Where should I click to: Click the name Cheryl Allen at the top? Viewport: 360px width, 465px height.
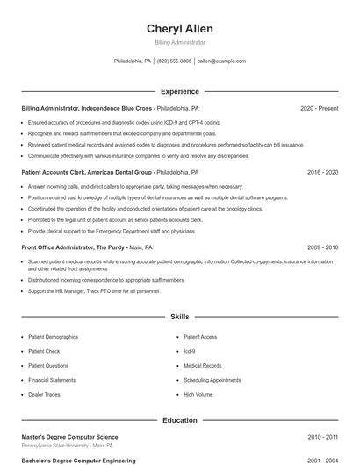(x=180, y=29)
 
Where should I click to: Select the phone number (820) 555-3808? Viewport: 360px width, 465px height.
(x=174, y=61)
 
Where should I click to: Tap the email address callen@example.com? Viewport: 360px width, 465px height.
(x=221, y=61)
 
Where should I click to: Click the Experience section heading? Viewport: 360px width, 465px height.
(x=180, y=91)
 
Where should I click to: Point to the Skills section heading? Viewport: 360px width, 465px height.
(x=180, y=316)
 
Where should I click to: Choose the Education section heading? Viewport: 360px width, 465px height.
(x=180, y=420)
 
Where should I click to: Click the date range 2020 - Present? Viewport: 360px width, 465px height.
(x=319, y=109)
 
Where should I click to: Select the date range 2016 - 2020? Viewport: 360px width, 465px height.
(x=322, y=173)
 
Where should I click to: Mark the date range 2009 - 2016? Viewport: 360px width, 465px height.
(x=322, y=247)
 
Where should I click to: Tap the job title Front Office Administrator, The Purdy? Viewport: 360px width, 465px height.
(x=74, y=247)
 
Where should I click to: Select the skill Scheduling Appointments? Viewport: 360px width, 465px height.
(x=212, y=380)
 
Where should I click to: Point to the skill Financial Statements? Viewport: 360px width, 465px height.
(x=52, y=380)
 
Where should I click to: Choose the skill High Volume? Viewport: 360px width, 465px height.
(x=198, y=394)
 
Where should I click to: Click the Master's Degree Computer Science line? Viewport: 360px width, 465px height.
(x=69, y=436)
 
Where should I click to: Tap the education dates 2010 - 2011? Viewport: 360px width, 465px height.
(x=322, y=436)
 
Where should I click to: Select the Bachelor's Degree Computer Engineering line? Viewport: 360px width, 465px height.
(x=78, y=460)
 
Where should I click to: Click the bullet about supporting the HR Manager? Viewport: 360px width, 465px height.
(x=94, y=290)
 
